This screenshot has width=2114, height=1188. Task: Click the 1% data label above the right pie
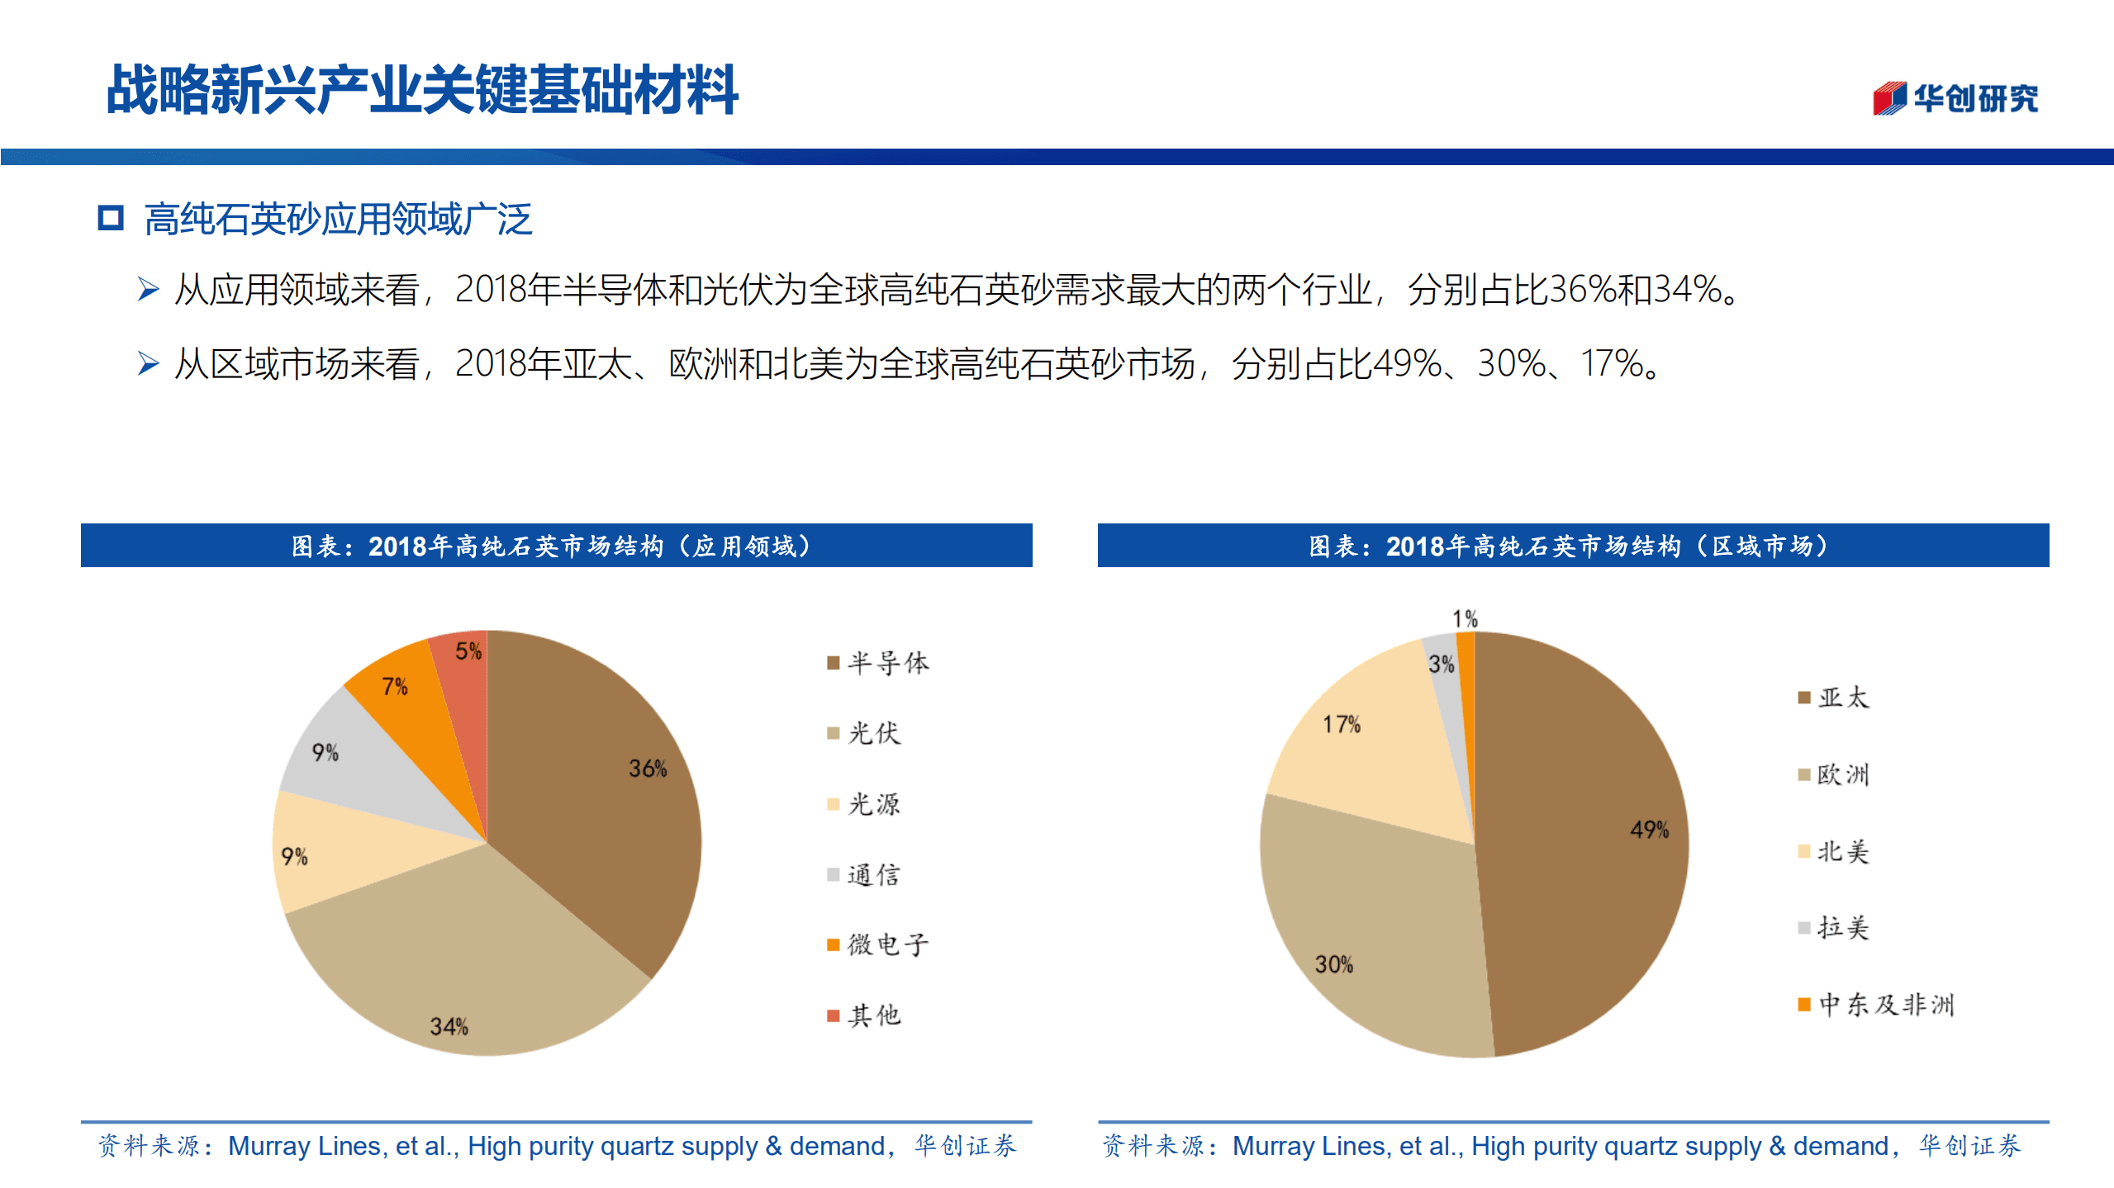(x=1465, y=618)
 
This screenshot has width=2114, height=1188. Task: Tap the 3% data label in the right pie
(x=1442, y=664)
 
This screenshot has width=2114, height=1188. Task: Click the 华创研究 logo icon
(x=1889, y=98)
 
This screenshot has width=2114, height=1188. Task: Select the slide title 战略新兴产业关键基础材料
(x=422, y=89)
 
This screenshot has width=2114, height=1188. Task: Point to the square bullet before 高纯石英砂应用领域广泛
(x=111, y=219)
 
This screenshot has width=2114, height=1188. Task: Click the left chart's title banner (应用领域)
(x=556, y=546)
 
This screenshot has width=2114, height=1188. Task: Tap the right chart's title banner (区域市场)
(x=1573, y=546)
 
